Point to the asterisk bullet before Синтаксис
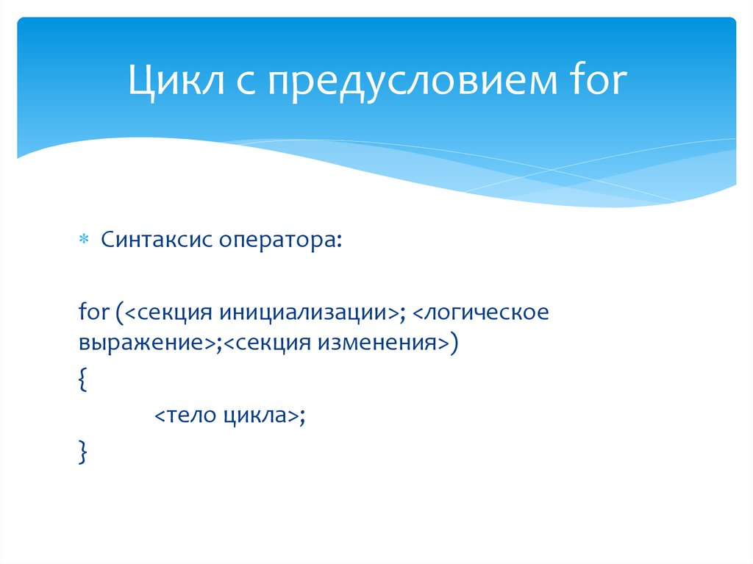point(83,240)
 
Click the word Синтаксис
point(154,240)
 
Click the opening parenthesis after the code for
point(118,312)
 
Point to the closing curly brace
point(82,451)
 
